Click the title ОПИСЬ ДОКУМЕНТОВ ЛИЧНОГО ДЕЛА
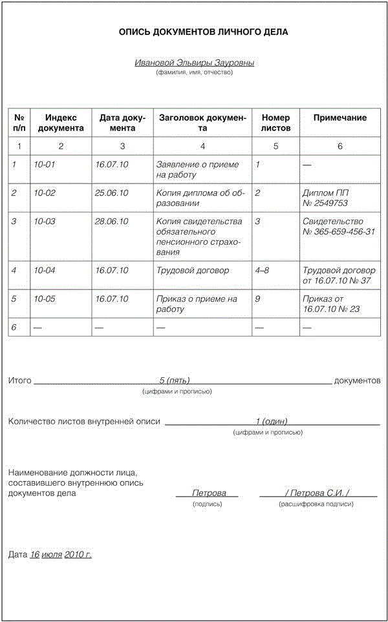[194, 32]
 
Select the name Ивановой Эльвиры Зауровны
[194, 63]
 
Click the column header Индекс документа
[61, 123]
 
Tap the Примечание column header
[340, 118]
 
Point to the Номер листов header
[275, 123]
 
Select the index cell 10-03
[45, 222]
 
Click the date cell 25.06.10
[111, 193]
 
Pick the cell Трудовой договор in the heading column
[193, 271]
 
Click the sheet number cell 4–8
[263, 271]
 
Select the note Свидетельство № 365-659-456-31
[338, 227]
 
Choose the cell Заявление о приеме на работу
[197, 169]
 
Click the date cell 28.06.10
[111, 222]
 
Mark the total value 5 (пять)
[175, 380]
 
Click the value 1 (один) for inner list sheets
[272, 421]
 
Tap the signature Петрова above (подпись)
[208, 493]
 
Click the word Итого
[19, 380]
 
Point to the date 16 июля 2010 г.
[61, 554]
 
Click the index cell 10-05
[45, 299]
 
